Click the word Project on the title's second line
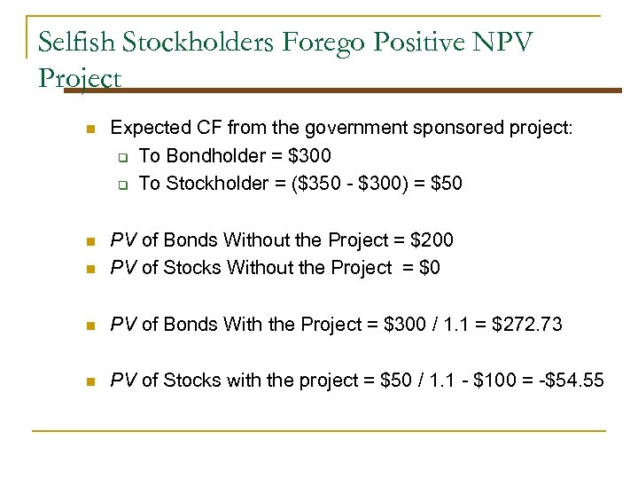(x=81, y=79)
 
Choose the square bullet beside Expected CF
(x=89, y=130)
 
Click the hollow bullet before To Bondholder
(x=124, y=157)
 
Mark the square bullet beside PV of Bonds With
(x=89, y=326)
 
